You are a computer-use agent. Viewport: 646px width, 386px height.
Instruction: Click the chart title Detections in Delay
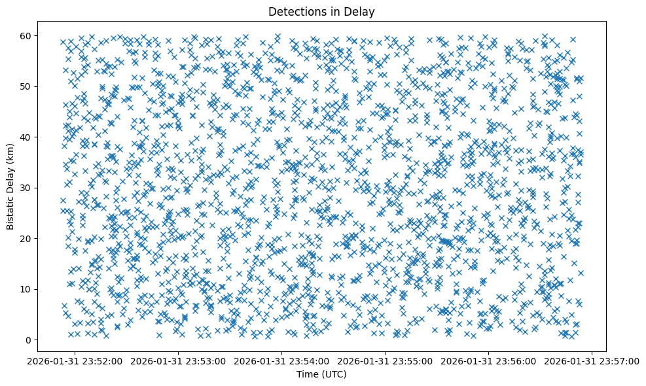[322, 11]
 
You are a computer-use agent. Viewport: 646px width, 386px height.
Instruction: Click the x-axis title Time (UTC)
[321, 374]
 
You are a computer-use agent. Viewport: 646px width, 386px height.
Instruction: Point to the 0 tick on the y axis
[28, 340]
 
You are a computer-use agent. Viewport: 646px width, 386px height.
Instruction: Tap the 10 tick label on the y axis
[26, 289]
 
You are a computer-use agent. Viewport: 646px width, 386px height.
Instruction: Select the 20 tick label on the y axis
[26, 238]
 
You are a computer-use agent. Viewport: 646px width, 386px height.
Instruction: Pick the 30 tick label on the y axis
[26, 188]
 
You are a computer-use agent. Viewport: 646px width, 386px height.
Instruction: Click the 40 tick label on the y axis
[26, 137]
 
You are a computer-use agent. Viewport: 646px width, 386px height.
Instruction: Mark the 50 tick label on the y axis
[26, 86]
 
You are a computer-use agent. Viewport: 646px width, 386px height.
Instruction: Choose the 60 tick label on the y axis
[26, 35]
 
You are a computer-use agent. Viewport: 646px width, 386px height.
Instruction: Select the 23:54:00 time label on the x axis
[282, 360]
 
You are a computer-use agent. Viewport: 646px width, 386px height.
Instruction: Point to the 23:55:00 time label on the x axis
[386, 360]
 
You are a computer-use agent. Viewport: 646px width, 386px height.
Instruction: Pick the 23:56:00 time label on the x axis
[489, 360]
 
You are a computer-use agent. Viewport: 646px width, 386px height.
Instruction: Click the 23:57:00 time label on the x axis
[592, 360]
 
